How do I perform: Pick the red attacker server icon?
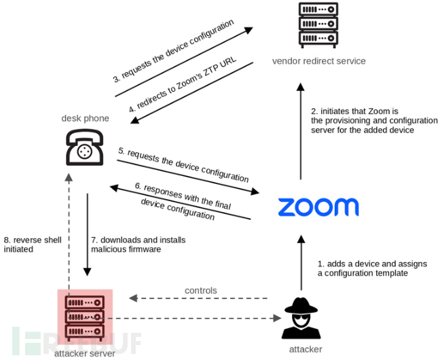[86, 317]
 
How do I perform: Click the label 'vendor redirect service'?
[318, 61]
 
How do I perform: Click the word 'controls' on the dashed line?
[200, 290]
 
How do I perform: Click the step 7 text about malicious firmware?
[138, 245]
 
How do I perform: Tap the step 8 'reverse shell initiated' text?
[31, 245]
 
